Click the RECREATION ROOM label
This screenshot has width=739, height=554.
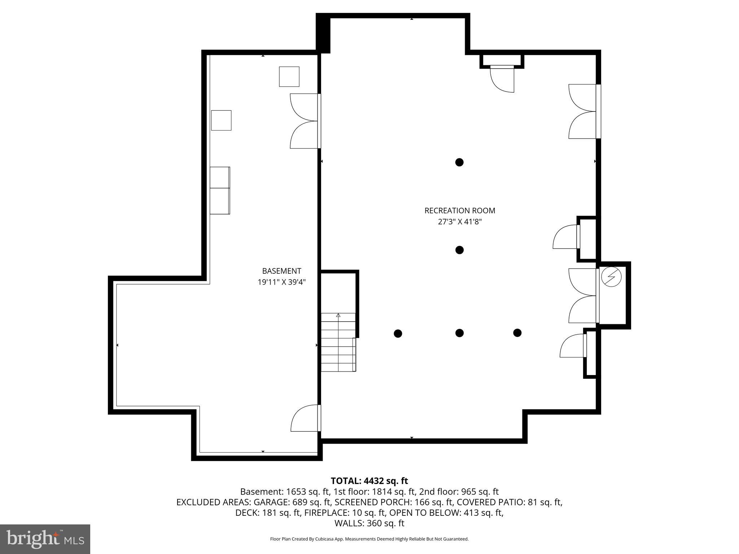click(460, 211)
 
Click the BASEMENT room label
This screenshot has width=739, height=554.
click(281, 271)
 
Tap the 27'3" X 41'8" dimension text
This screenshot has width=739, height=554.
click(460, 222)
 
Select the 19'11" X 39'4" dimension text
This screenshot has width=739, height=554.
click(281, 282)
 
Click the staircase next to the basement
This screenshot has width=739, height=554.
click(338, 343)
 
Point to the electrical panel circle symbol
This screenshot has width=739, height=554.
click(611, 277)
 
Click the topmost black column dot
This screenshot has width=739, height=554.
click(459, 162)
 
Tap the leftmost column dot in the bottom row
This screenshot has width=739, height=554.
click(398, 334)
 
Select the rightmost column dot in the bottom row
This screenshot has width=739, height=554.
click(517, 333)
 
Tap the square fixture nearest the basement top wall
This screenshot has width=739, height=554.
click(289, 76)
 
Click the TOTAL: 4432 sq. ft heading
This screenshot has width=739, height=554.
click(369, 481)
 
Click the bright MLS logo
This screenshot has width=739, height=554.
click(45, 539)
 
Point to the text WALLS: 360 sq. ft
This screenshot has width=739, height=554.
click(369, 523)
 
